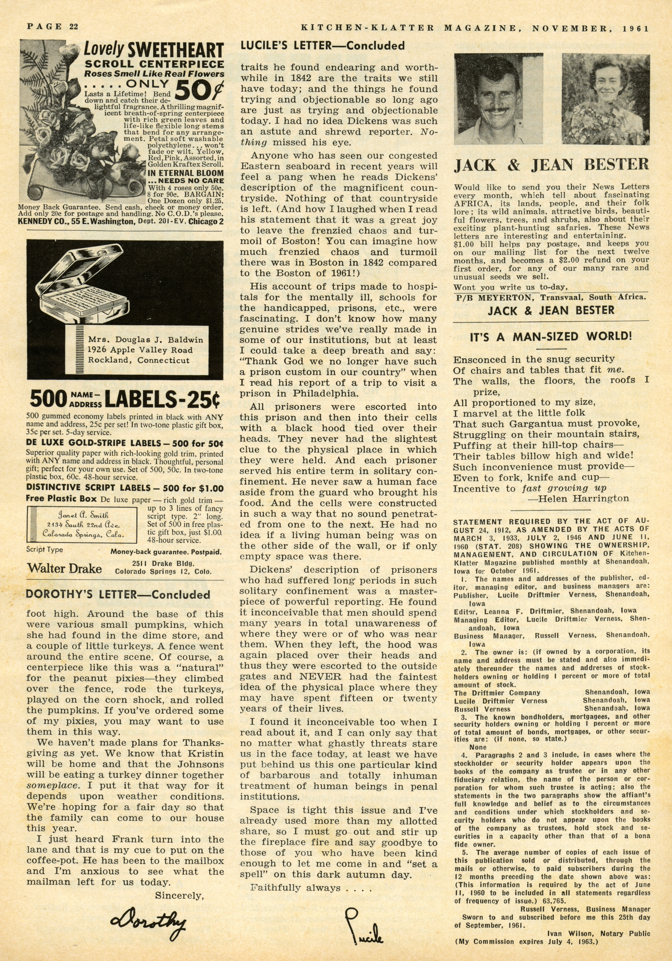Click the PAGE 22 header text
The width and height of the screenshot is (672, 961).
click(x=53, y=27)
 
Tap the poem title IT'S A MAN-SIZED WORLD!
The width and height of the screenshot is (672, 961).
click(x=550, y=337)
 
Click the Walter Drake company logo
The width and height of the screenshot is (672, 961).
click(x=64, y=568)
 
